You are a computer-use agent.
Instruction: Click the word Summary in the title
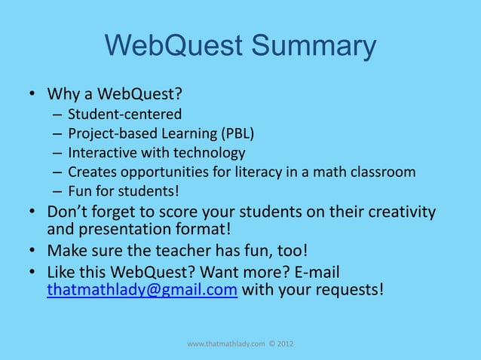point(313,47)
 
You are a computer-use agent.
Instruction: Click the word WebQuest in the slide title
point(174,47)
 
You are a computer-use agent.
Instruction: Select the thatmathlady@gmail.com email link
point(142,291)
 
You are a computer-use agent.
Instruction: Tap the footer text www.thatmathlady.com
point(225,344)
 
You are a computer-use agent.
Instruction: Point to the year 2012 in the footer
point(286,344)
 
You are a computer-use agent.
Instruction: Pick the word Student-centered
point(124,115)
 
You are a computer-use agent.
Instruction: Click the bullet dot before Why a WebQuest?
point(33,96)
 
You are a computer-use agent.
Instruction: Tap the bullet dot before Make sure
point(33,250)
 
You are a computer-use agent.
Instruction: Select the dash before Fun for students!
point(57,191)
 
